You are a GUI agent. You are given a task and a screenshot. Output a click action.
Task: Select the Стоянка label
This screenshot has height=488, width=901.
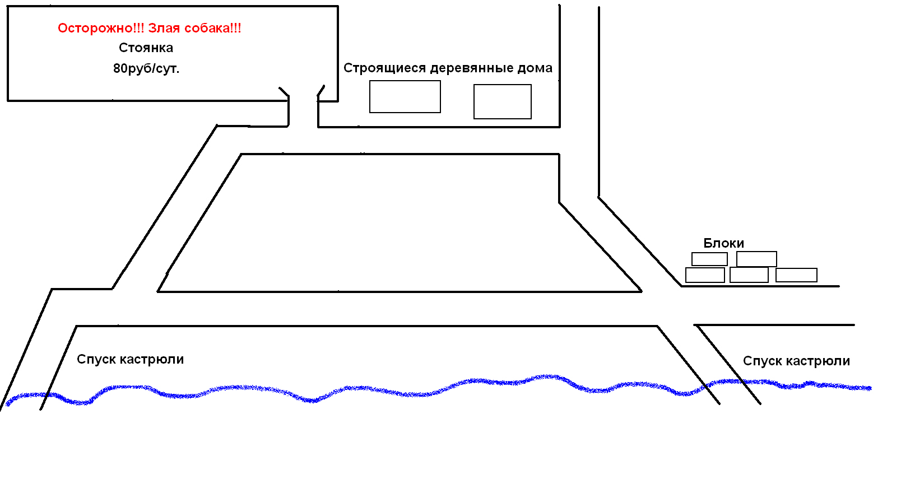[x=146, y=48]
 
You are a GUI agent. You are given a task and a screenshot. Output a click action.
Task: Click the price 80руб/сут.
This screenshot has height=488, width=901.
[x=146, y=69]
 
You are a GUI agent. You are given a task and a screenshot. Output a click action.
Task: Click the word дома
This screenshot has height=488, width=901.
[x=535, y=68]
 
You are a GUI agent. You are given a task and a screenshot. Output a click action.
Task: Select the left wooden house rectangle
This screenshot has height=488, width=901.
[x=405, y=96]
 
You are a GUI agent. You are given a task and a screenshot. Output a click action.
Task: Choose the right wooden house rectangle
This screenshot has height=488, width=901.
[x=503, y=101]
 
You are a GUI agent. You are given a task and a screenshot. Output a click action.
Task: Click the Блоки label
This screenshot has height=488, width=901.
[x=723, y=243]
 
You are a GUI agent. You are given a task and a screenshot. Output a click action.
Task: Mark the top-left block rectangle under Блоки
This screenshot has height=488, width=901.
[x=709, y=259]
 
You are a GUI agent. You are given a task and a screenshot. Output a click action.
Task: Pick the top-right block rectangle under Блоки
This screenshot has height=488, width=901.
[x=756, y=259]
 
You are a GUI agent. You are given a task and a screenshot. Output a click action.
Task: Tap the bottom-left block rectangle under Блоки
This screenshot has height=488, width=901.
[x=705, y=275]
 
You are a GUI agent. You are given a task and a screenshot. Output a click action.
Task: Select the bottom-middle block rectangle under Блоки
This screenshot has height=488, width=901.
[x=749, y=275]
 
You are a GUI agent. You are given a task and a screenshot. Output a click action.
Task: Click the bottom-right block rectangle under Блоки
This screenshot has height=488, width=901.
[x=796, y=275]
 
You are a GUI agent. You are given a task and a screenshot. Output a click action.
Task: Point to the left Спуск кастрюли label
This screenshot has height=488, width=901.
[x=130, y=360]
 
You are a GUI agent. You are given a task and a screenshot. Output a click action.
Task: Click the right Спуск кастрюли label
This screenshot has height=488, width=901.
[x=796, y=361]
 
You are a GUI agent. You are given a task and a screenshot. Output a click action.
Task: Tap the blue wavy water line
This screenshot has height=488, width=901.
[x=392, y=391]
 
